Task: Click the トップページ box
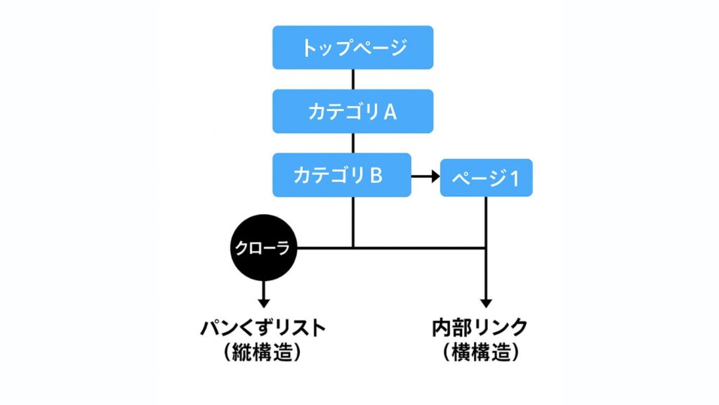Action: (x=352, y=48)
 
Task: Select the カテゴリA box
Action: (x=352, y=111)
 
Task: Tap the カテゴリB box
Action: (x=342, y=175)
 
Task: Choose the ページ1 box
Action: (x=486, y=179)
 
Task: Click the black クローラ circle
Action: (x=264, y=248)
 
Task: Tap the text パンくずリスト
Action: (x=263, y=328)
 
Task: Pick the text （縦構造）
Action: (x=263, y=352)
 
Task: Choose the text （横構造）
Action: (x=482, y=352)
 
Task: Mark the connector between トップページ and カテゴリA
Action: (x=352, y=79)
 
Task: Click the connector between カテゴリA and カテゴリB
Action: (x=352, y=143)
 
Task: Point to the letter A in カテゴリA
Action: (x=390, y=112)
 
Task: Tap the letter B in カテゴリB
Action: (x=376, y=175)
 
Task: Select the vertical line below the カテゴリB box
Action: (x=352, y=221)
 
